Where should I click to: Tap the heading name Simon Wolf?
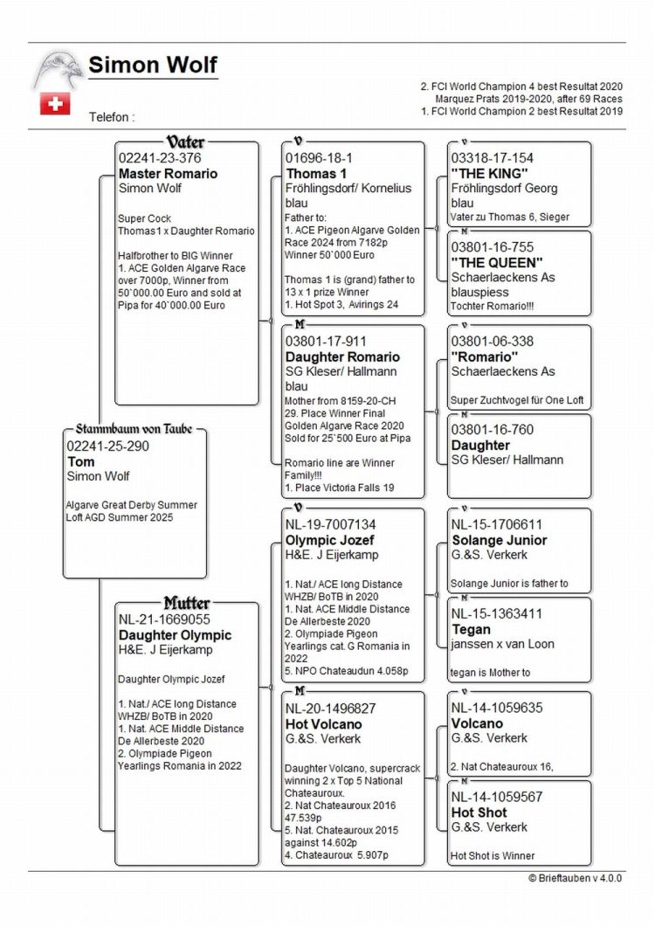[x=153, y=66]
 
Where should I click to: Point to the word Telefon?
[x=112, y=116]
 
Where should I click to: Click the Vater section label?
[x=185, y=142]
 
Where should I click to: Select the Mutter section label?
[x=186, y=604]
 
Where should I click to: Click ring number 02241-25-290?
[x=107, y=446]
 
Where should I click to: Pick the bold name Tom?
[x=80, y=460]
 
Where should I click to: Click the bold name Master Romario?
[x=168, y=173]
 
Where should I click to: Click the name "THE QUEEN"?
[x=496, y=262]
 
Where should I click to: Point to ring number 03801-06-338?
[x=492, y=341]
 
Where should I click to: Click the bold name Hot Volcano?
[x=323, y=723]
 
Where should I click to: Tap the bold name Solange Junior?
[x=499, y=540]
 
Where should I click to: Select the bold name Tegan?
[x=471, y=629]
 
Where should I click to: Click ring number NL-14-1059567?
[x=497, y=797]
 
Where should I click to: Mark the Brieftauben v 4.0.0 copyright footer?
[x=575, y=878]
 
